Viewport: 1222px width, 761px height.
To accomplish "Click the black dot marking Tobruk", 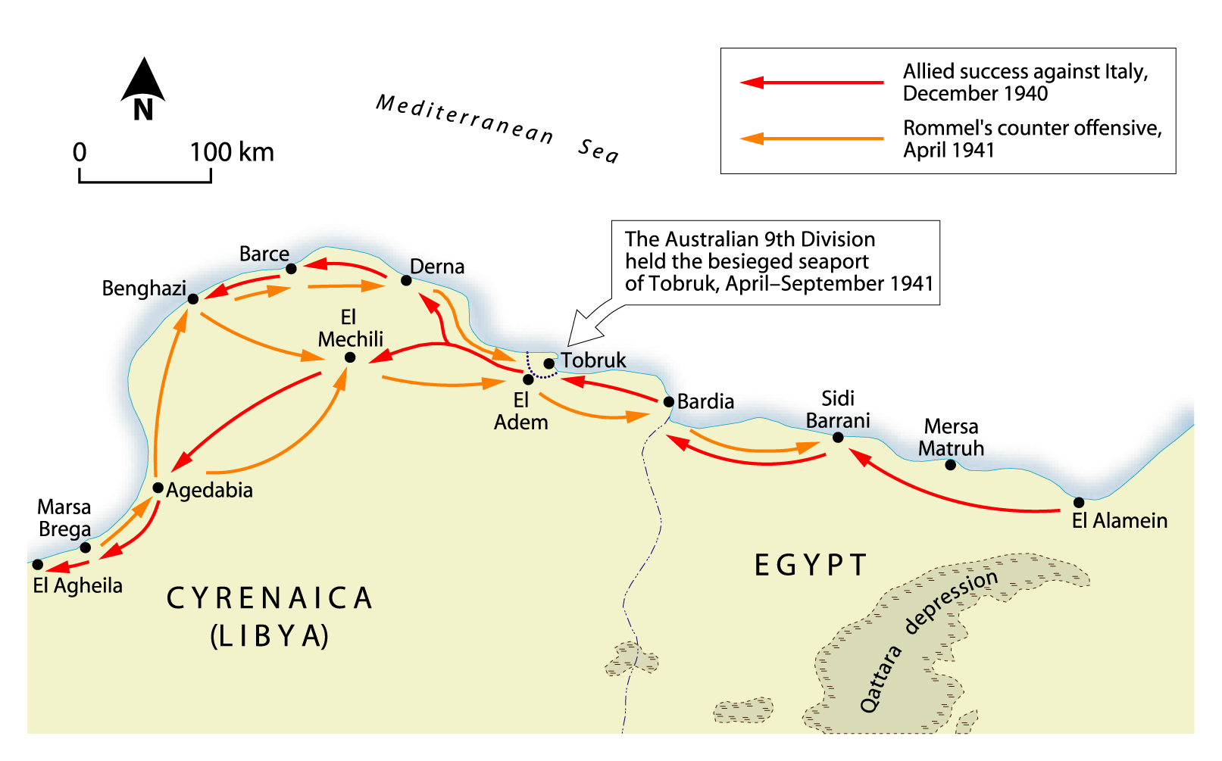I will (x=548, y=363).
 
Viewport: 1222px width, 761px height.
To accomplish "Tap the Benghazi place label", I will (x=144, y=288).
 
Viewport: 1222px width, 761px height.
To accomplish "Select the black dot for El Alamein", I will (x=1079, y=502).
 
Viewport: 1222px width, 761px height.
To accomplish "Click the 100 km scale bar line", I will (x=145, y=181).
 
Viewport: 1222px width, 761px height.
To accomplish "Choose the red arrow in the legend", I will (x=811, y=83).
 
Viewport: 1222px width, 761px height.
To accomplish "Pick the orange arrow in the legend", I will (x=811, y=139).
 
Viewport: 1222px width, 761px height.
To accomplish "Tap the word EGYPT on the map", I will (x=811, y=566).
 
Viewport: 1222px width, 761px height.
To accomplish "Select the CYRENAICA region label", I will (x=270, y=598).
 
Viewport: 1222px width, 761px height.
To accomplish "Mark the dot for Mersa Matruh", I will (x=950, y=465).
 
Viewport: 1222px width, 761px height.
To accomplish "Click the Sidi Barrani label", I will (x=838, y=410).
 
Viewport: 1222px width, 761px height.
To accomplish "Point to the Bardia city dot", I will (x=668, y=402).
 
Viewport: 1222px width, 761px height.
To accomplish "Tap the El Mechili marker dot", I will (x=350, y=357).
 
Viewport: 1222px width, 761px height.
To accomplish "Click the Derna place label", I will (x=437, y=267).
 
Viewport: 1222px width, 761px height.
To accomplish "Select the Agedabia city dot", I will (x=158, y=488).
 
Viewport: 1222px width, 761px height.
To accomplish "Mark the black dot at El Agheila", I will (x=38, y=565).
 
